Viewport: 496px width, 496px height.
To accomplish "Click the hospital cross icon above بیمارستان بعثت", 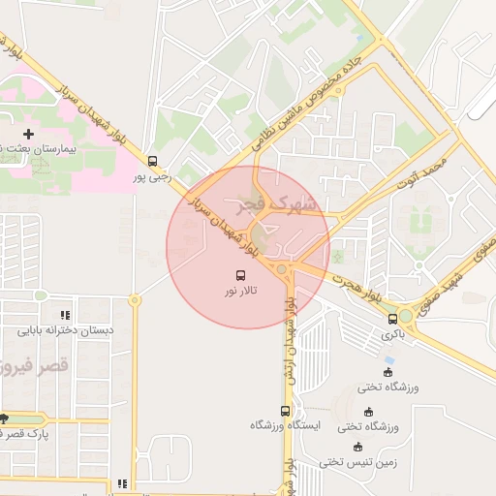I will point(28,133).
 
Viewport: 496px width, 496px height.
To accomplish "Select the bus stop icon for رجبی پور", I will point(152,161).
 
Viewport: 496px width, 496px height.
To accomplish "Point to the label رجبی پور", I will point(152,176).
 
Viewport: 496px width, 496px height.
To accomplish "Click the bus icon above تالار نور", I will point(240,274).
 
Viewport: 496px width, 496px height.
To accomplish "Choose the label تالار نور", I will point(240,290).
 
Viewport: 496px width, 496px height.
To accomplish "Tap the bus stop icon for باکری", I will point(392,319).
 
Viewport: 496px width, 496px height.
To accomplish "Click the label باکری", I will point(392,334).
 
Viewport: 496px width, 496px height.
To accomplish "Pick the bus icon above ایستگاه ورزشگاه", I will point(285,410).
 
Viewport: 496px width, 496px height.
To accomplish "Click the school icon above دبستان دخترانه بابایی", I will point(65,315).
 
